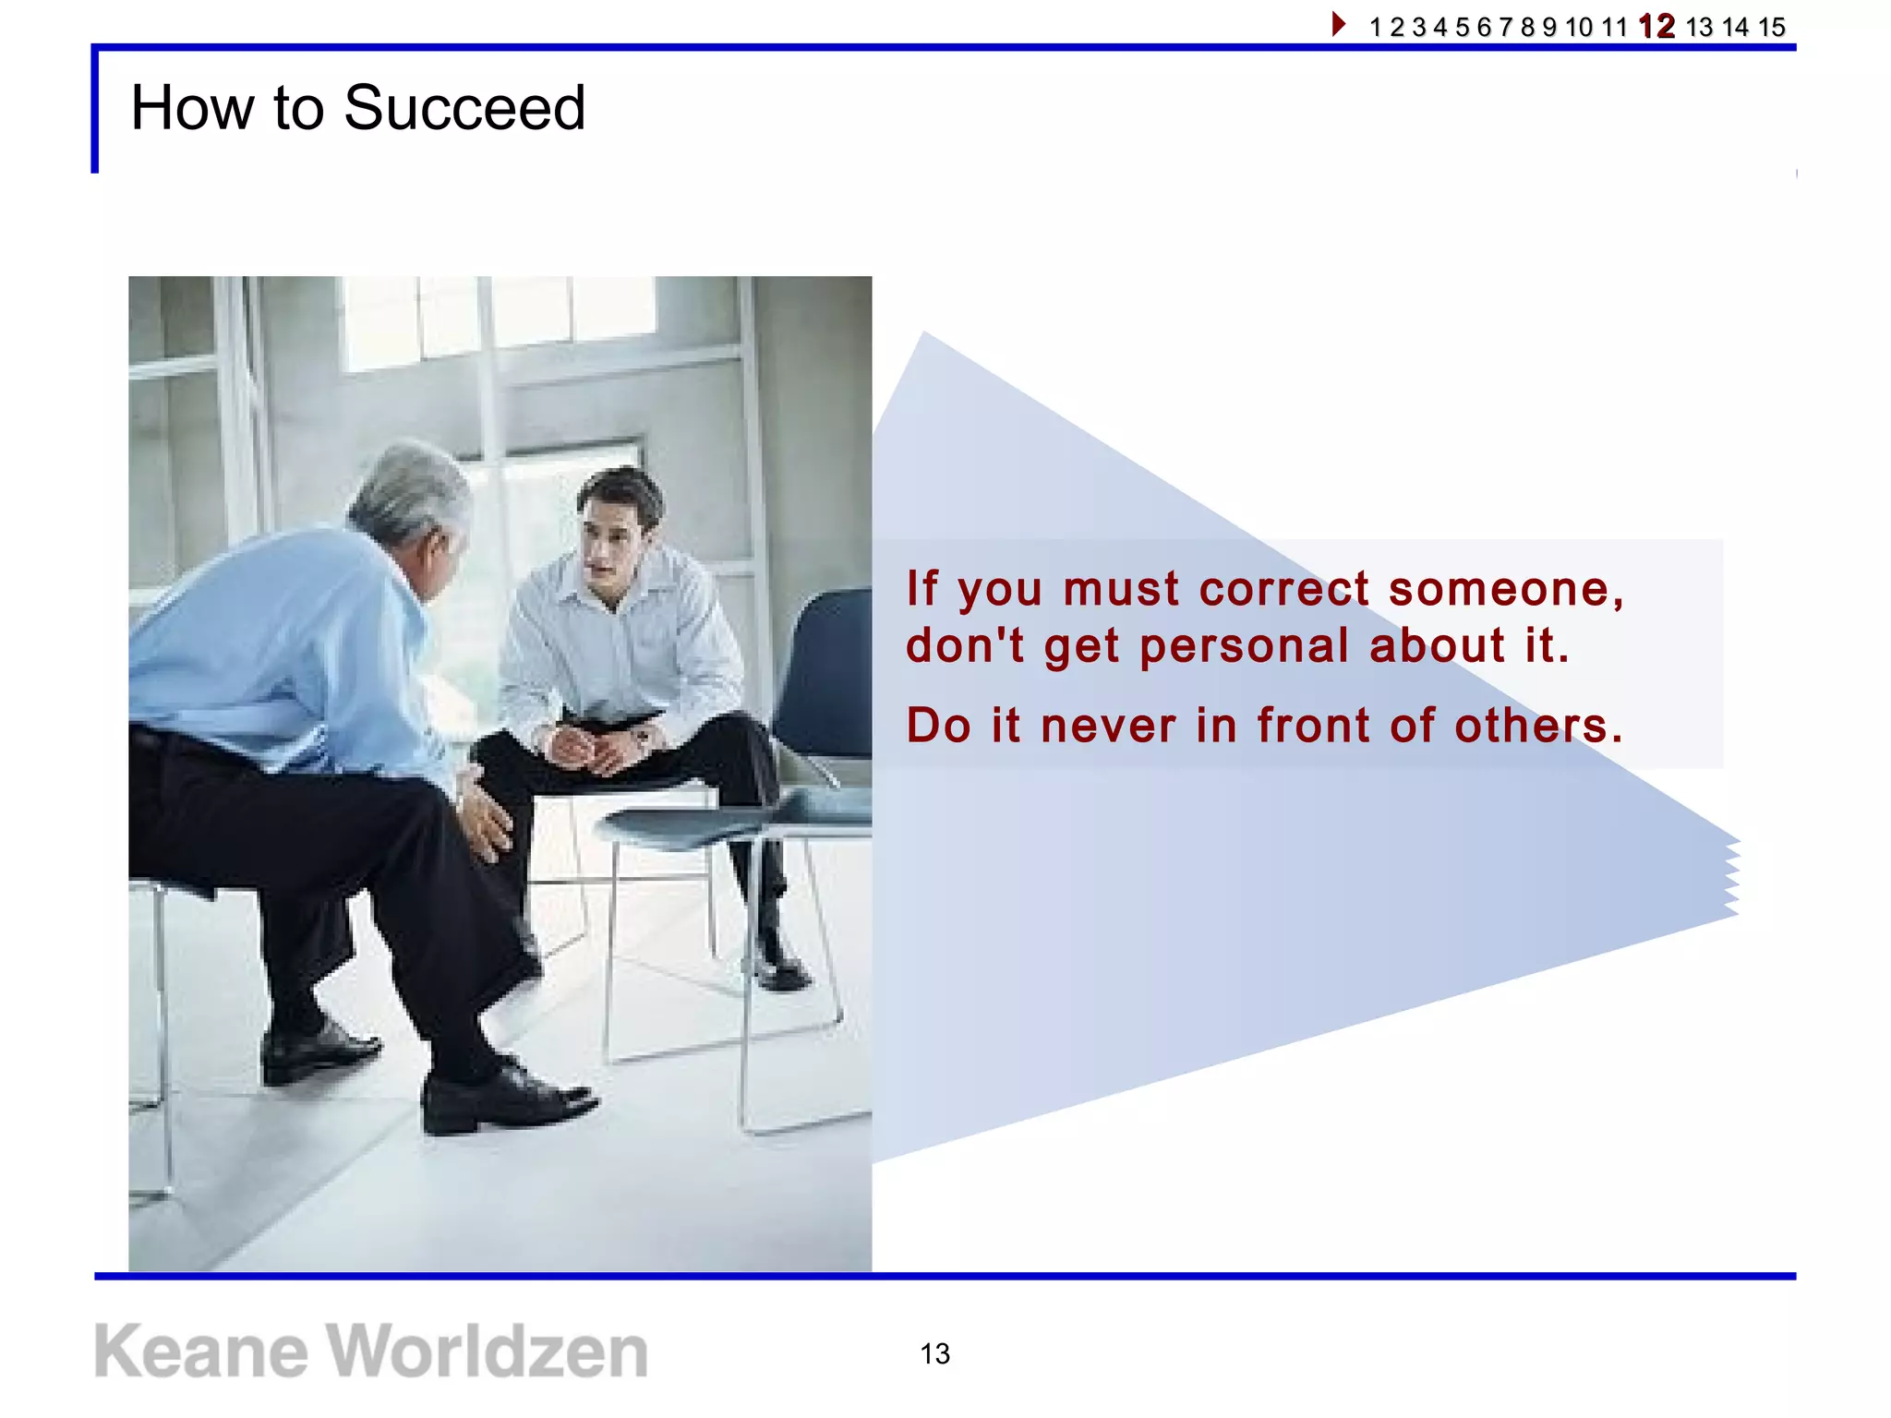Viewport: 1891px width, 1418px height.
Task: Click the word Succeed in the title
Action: pyautogui.click(x=464, y=108)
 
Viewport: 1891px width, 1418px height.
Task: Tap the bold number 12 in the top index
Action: pyautogui.click(x=1656, y=26)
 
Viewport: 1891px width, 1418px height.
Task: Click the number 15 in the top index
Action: pyautogui.click(x=1771, y=27)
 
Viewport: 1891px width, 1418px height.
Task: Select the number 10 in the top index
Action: pyautogui.click(x=1579, y=27)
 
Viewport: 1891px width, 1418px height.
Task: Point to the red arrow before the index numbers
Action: pyautogui.click(x=1338, y=24)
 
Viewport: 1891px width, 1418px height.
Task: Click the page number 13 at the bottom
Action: pyautogui.click(x=934, y=1353)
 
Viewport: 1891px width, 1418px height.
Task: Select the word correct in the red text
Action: pyautogui.click(x=1283, y=589)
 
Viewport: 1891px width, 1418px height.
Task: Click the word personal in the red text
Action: pyautogui.click(x=1244, y=645)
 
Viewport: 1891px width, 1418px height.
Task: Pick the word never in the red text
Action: pyautogui.click(x=1108, y=725)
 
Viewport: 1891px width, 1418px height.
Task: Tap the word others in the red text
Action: pyautogui.click(x=1537, y=725)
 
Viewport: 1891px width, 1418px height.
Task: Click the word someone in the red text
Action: pyautogui.click(x=1505, y=589)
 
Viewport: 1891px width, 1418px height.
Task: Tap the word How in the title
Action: pyautogui.click(x=191, y=108)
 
